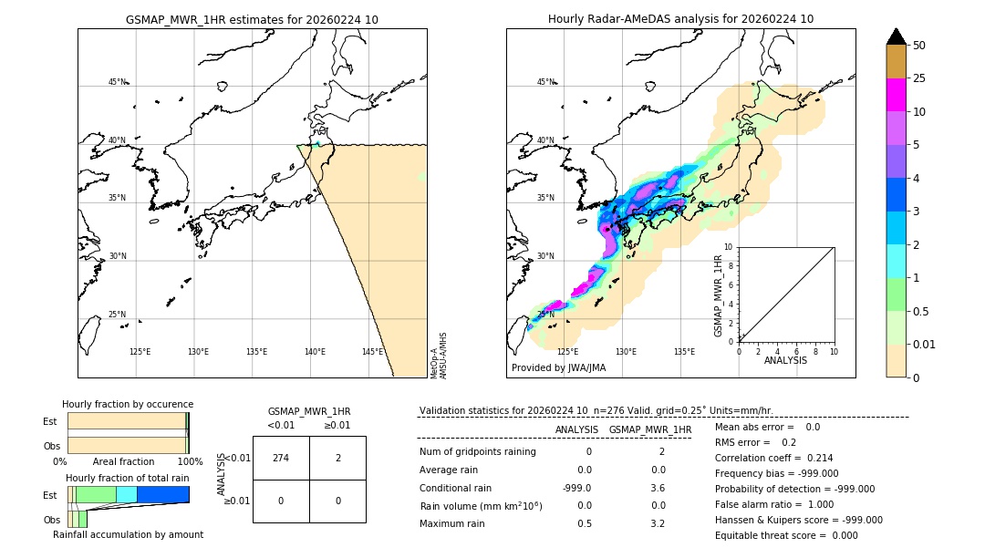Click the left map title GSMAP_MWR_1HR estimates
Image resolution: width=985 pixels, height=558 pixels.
point(252,19)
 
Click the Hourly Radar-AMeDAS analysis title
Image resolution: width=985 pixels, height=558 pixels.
point(680,19)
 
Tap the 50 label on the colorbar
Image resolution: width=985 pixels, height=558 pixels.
point(919,46)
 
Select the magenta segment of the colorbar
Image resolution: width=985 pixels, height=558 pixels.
point(897,95)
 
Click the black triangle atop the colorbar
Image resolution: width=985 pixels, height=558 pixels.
point(897,36)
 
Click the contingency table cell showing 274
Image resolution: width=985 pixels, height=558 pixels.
point(281,458)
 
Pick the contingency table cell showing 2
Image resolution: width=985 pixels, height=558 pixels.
point(337,458)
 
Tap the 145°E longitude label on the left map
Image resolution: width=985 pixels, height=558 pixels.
point(372,352)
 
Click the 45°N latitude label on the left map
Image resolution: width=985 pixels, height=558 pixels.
point(117,82)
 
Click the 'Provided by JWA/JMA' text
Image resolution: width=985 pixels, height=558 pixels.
point(558,367)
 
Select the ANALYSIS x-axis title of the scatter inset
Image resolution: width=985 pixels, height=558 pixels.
point(785,360)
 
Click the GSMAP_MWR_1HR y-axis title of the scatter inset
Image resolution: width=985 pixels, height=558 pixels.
point(718,295)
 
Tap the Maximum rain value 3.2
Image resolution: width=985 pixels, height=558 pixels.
point(657,523)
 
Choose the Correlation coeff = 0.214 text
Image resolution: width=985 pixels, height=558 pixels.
point(773,458)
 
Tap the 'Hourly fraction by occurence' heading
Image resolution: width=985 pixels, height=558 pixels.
point(128,404)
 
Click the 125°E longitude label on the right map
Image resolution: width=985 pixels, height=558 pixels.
point(567,352)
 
